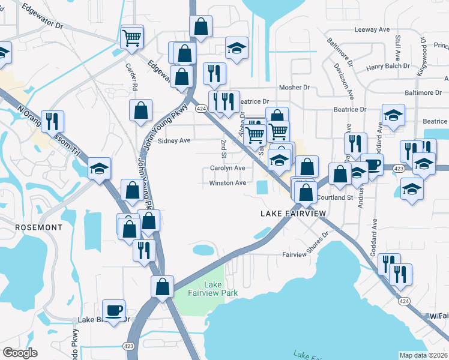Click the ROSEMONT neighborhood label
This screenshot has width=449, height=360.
(39, 228)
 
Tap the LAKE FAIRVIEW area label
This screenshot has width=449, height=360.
(294, 214)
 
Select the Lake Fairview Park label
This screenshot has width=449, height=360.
(221, 289)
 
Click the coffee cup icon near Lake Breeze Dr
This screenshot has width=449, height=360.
(114, 311)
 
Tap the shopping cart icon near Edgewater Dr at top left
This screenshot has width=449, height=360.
(131, 38)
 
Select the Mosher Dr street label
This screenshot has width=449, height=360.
(298, 88)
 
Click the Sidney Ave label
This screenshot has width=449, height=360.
(173, 140)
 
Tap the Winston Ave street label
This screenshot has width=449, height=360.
(228, 183)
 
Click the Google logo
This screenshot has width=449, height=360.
(20, 353)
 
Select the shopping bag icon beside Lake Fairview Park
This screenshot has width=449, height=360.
(162, 287)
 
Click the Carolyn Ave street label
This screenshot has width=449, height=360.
(228, 169)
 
